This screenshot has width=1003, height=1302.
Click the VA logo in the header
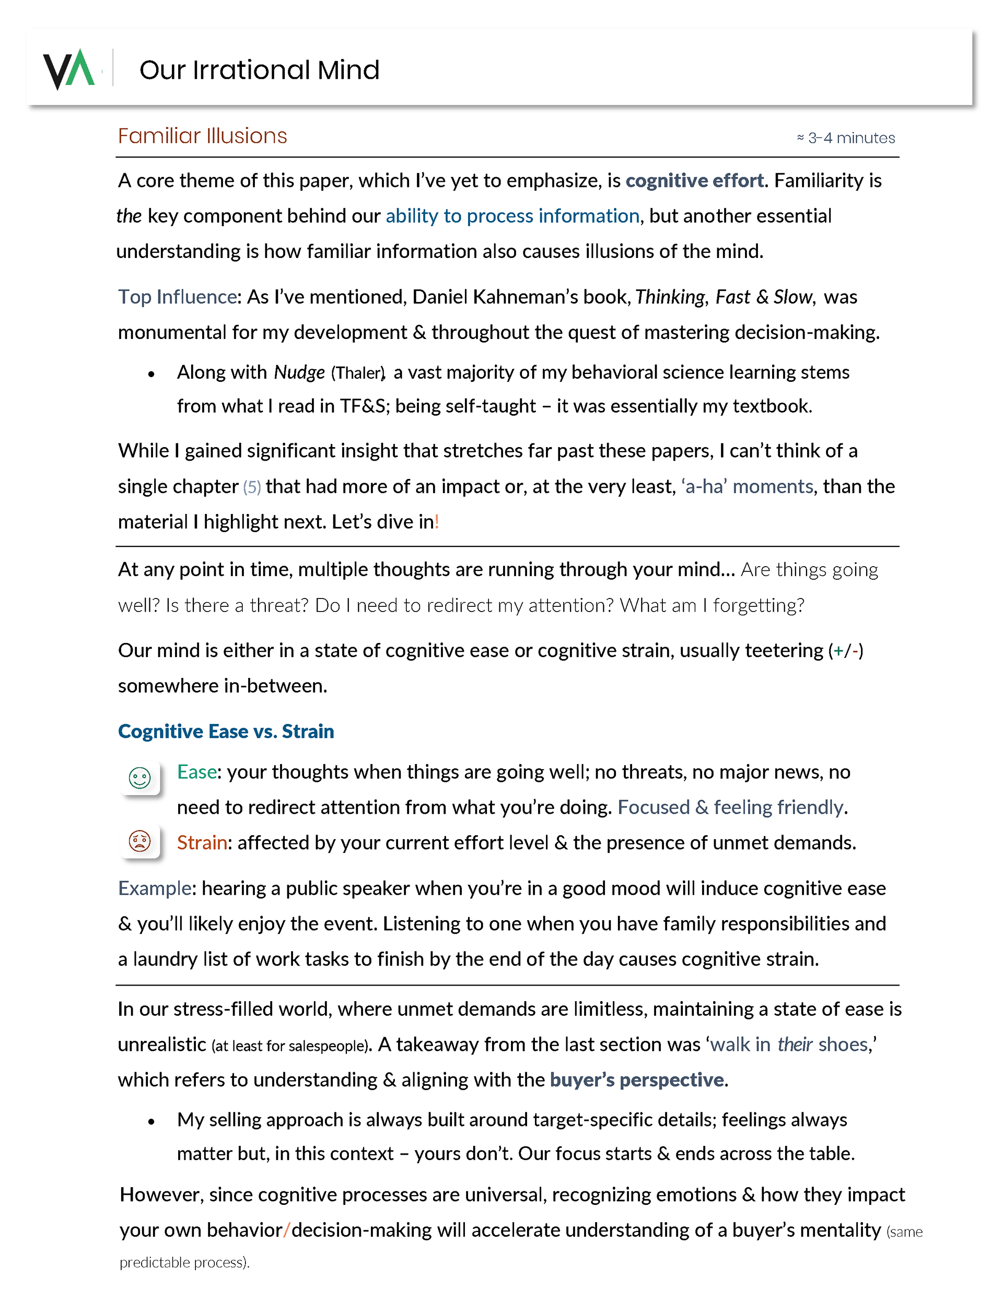[68, 69]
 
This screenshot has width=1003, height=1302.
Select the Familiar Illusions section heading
[202, 136]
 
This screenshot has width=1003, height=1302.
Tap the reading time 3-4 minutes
[846, 138]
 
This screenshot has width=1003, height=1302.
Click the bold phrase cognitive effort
[694, 180]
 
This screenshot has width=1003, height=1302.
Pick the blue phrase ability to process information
[512, 216]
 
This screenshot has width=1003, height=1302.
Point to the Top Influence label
[177, 297]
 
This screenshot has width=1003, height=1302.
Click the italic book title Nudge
[299, 372]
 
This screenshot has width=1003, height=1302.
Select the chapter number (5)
[252, 487]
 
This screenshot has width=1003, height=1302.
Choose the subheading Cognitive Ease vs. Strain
[226, 732]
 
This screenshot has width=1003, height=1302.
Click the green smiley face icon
[140, 778]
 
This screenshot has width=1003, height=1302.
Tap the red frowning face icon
[140, 842]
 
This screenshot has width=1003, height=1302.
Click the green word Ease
[196, 772]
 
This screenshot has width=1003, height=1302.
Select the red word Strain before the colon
[202, 843]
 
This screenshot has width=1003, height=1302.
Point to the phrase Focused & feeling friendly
[730, 808]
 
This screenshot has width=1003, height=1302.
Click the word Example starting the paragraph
[155, 888]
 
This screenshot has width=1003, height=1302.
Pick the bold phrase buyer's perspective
[637, 1080]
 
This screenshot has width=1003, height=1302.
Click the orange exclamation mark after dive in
[437, 522]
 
